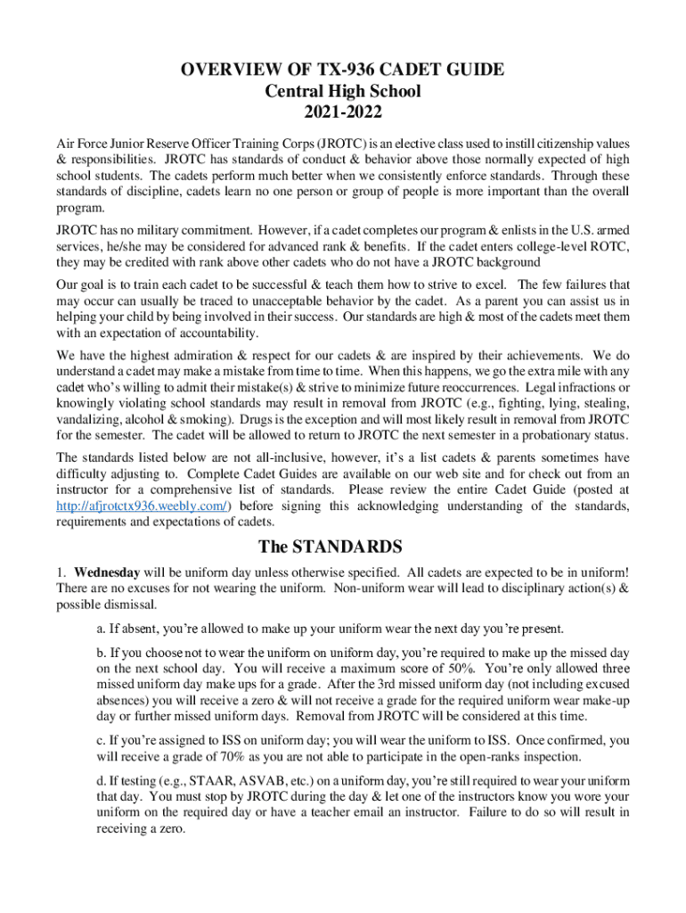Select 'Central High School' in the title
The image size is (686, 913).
click(343, 92)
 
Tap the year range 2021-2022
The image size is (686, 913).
click(343, 112)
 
